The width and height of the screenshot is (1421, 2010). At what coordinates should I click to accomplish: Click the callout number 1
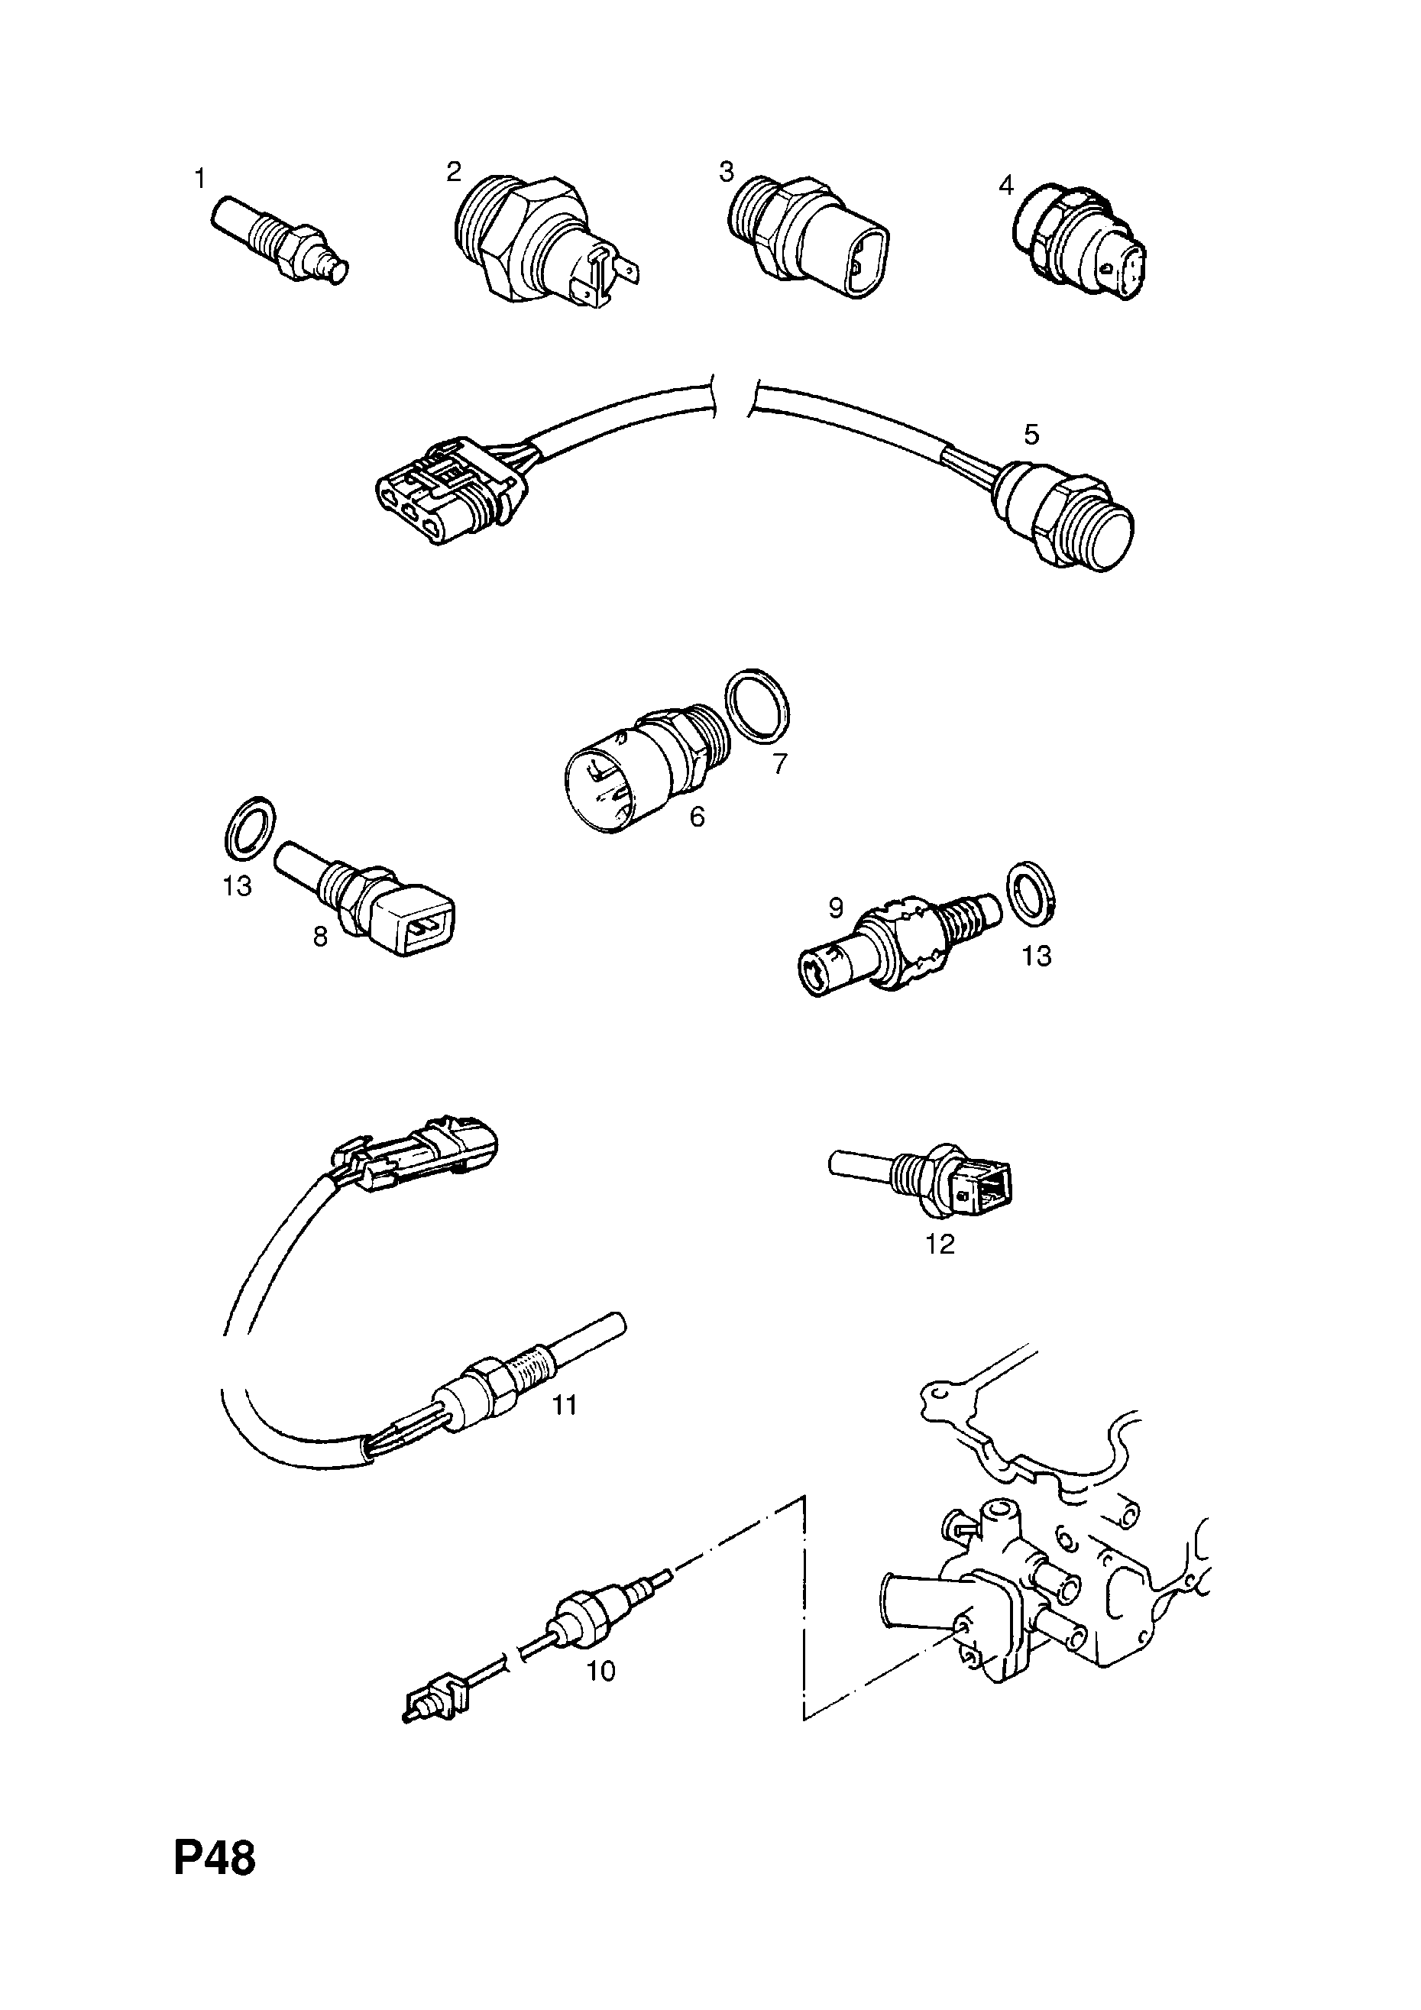tap(199, 180)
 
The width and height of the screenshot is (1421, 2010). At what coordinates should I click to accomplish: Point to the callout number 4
tap(1005, 186)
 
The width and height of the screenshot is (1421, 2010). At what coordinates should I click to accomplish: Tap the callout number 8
tap(319, 937)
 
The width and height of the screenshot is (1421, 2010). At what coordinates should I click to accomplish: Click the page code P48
tap(215, 1882)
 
